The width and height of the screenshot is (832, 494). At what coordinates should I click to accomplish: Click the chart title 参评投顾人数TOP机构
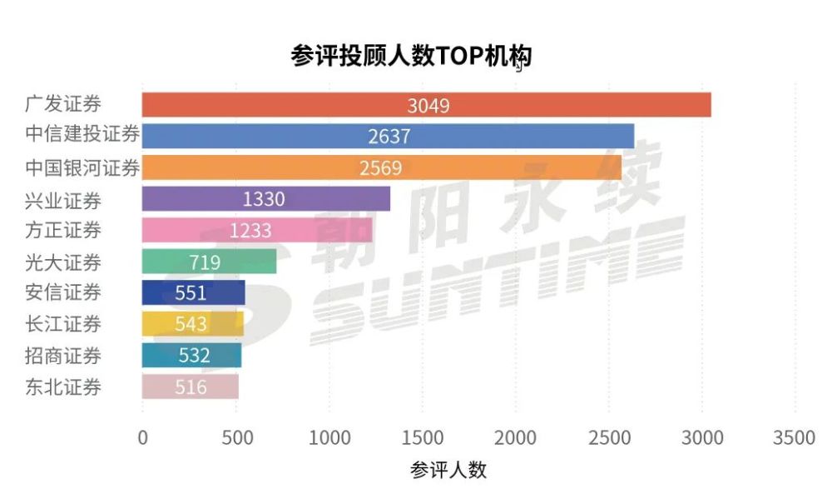[411, 56]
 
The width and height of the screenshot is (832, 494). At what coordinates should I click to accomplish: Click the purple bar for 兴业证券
[333, 199]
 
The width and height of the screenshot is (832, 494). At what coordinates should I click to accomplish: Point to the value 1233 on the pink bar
[250, 231]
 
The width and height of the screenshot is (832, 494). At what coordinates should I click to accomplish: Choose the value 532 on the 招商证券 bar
[194, 356]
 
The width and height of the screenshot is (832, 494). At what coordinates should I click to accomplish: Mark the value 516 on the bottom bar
[191, 387]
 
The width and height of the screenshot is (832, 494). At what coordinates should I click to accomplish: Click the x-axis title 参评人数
[448, 470]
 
